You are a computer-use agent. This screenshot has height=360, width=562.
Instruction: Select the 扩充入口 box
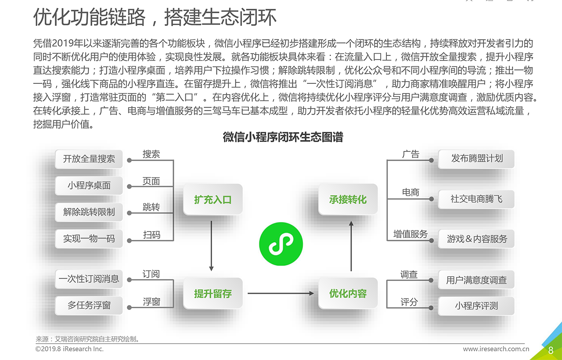coord(213,200)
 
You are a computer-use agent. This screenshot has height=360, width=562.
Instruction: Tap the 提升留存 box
coord(213,293)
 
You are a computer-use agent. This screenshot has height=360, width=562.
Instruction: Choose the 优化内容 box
coord(348,293)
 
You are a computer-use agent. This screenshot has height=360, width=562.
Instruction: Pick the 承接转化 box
coord(348,200)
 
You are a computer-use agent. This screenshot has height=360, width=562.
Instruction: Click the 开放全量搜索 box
coord(89,159)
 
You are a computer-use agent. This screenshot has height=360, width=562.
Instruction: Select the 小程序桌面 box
coord(89,185)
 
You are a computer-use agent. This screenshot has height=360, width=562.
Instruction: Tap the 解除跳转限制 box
coord(89,212)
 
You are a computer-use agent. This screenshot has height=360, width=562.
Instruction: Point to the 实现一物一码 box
coord(89,239)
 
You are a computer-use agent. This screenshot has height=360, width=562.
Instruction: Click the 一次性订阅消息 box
coord(89,279)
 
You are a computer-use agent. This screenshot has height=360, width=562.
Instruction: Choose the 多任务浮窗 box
coord(89,305)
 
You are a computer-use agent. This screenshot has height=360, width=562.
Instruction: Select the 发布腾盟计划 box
coord(476,158)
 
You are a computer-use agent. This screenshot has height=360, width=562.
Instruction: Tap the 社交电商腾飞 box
coord(476,199)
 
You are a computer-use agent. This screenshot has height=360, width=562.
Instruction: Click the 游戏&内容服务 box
coord(476,239)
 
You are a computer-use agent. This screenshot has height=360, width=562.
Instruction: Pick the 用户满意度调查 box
coord(476,280)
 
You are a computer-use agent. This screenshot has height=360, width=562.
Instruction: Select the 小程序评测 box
coord(476,306)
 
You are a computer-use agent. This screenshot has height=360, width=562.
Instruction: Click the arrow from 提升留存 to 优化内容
coord(281,293)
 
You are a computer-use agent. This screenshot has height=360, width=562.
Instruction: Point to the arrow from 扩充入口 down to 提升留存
coord(212,246)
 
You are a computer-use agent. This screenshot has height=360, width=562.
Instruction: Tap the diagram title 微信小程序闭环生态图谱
coord(283,137)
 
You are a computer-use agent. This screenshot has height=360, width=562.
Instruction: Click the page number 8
coord(551,350)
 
